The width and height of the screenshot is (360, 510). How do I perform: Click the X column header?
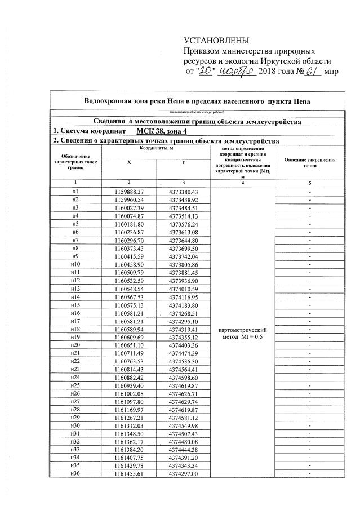point(129,162)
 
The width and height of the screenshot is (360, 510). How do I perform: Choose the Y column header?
point(183,162)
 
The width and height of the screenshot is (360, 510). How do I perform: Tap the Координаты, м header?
point(156,147)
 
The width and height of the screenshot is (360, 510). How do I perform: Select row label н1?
point(75,192)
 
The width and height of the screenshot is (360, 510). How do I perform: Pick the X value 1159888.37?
point(129,192)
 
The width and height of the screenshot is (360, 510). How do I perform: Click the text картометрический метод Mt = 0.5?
point(242,332)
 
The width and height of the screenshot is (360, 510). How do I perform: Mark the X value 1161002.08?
point(129,393)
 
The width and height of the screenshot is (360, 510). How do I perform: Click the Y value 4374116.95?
point(183,296)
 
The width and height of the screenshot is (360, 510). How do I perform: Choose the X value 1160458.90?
point(129,264)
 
